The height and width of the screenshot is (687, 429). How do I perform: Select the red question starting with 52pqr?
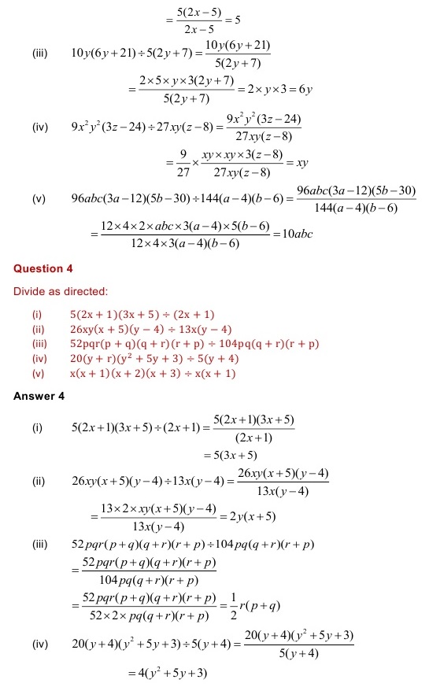194,344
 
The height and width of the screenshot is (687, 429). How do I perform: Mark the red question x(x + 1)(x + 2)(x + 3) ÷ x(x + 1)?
152,374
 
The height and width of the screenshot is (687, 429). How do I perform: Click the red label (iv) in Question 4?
36,359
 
